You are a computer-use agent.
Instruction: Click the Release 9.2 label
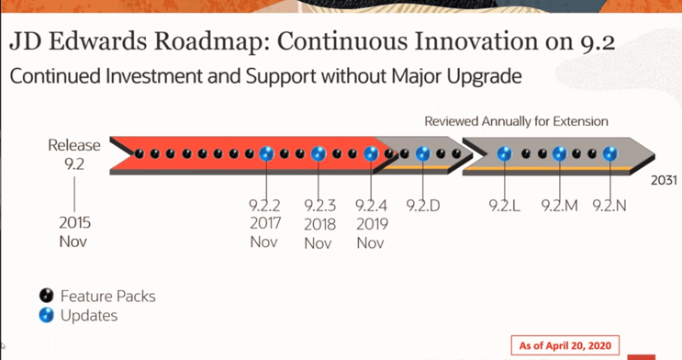click(74, 153)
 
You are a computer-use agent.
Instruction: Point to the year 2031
click(665, 180)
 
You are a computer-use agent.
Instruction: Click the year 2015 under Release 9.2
click(74, 223)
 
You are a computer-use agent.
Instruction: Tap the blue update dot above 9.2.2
click(265, 154)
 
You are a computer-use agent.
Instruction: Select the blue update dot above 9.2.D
click(423, 154)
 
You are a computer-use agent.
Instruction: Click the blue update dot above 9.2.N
click(609, 154)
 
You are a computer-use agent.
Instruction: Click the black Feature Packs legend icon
click(47, 296)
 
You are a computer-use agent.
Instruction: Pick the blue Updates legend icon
click(47, 315)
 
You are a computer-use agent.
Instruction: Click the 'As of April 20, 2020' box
click(565, 346)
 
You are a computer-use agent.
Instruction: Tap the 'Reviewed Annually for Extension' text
click(516, 121)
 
